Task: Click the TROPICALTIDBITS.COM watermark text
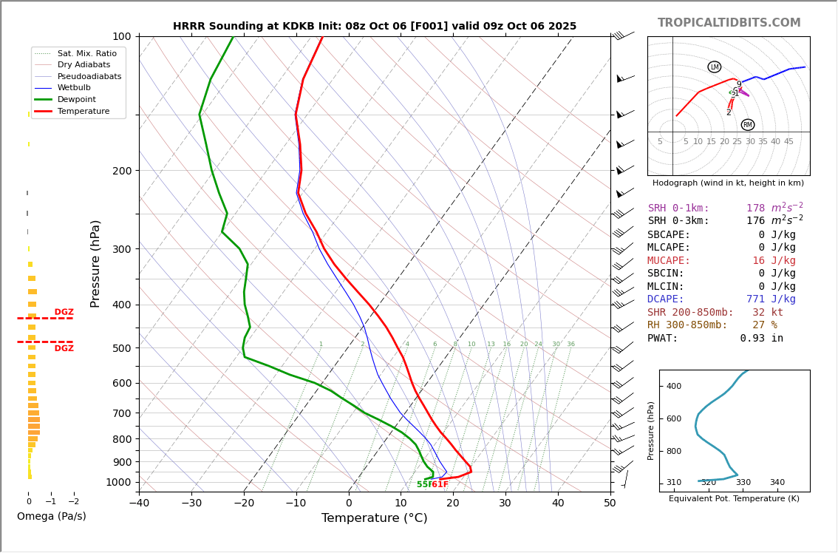(x=729, y=23)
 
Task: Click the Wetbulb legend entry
(x=74, y=88)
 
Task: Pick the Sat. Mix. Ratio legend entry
(x=86, y=53)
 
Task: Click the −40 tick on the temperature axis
(x=139, y=504)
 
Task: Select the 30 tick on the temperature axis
(x=505, y=504)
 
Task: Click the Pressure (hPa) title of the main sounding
(x=95, y=263)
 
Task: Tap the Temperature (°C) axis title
(x=374, y=518)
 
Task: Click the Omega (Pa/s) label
(x=52, y=517)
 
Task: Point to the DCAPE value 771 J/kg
(x=770, y=299)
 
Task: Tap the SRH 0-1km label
(x=678, y=208)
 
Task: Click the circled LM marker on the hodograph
(x=714, y=67)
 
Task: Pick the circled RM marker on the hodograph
(x=747, y=125)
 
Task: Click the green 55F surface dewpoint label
(x=424, y=485)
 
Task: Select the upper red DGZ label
(x=64, y=312)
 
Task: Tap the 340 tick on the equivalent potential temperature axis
(x=777, y=483)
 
